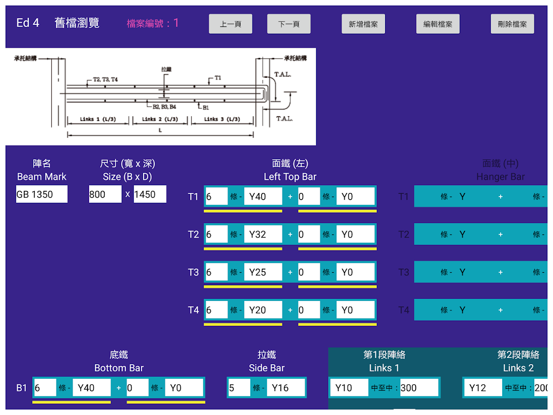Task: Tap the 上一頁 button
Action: coord(231,24)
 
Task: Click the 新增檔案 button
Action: coord(363,24)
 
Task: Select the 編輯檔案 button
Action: coord(438,24)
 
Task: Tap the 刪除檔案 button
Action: coord(513,24)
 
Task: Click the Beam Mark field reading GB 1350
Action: coord(41,195)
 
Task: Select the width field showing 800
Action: coord(105,195)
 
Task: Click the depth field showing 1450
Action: coord(150,195)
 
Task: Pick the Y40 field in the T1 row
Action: coord(263,197)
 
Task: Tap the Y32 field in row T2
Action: coord(263,234)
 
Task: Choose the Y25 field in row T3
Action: coord(263,272)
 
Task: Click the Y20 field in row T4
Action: coord(263,310)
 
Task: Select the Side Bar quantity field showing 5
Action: coord(238,388)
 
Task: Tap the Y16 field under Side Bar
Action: coord(286,388)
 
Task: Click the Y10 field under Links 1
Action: coord(348,388)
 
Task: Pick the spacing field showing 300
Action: coord(419,388)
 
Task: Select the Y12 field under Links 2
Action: coord(482,388)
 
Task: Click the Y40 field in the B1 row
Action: coord(92,388)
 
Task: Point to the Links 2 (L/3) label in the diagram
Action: coord(160,119)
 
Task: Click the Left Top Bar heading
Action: coord(290,176)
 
